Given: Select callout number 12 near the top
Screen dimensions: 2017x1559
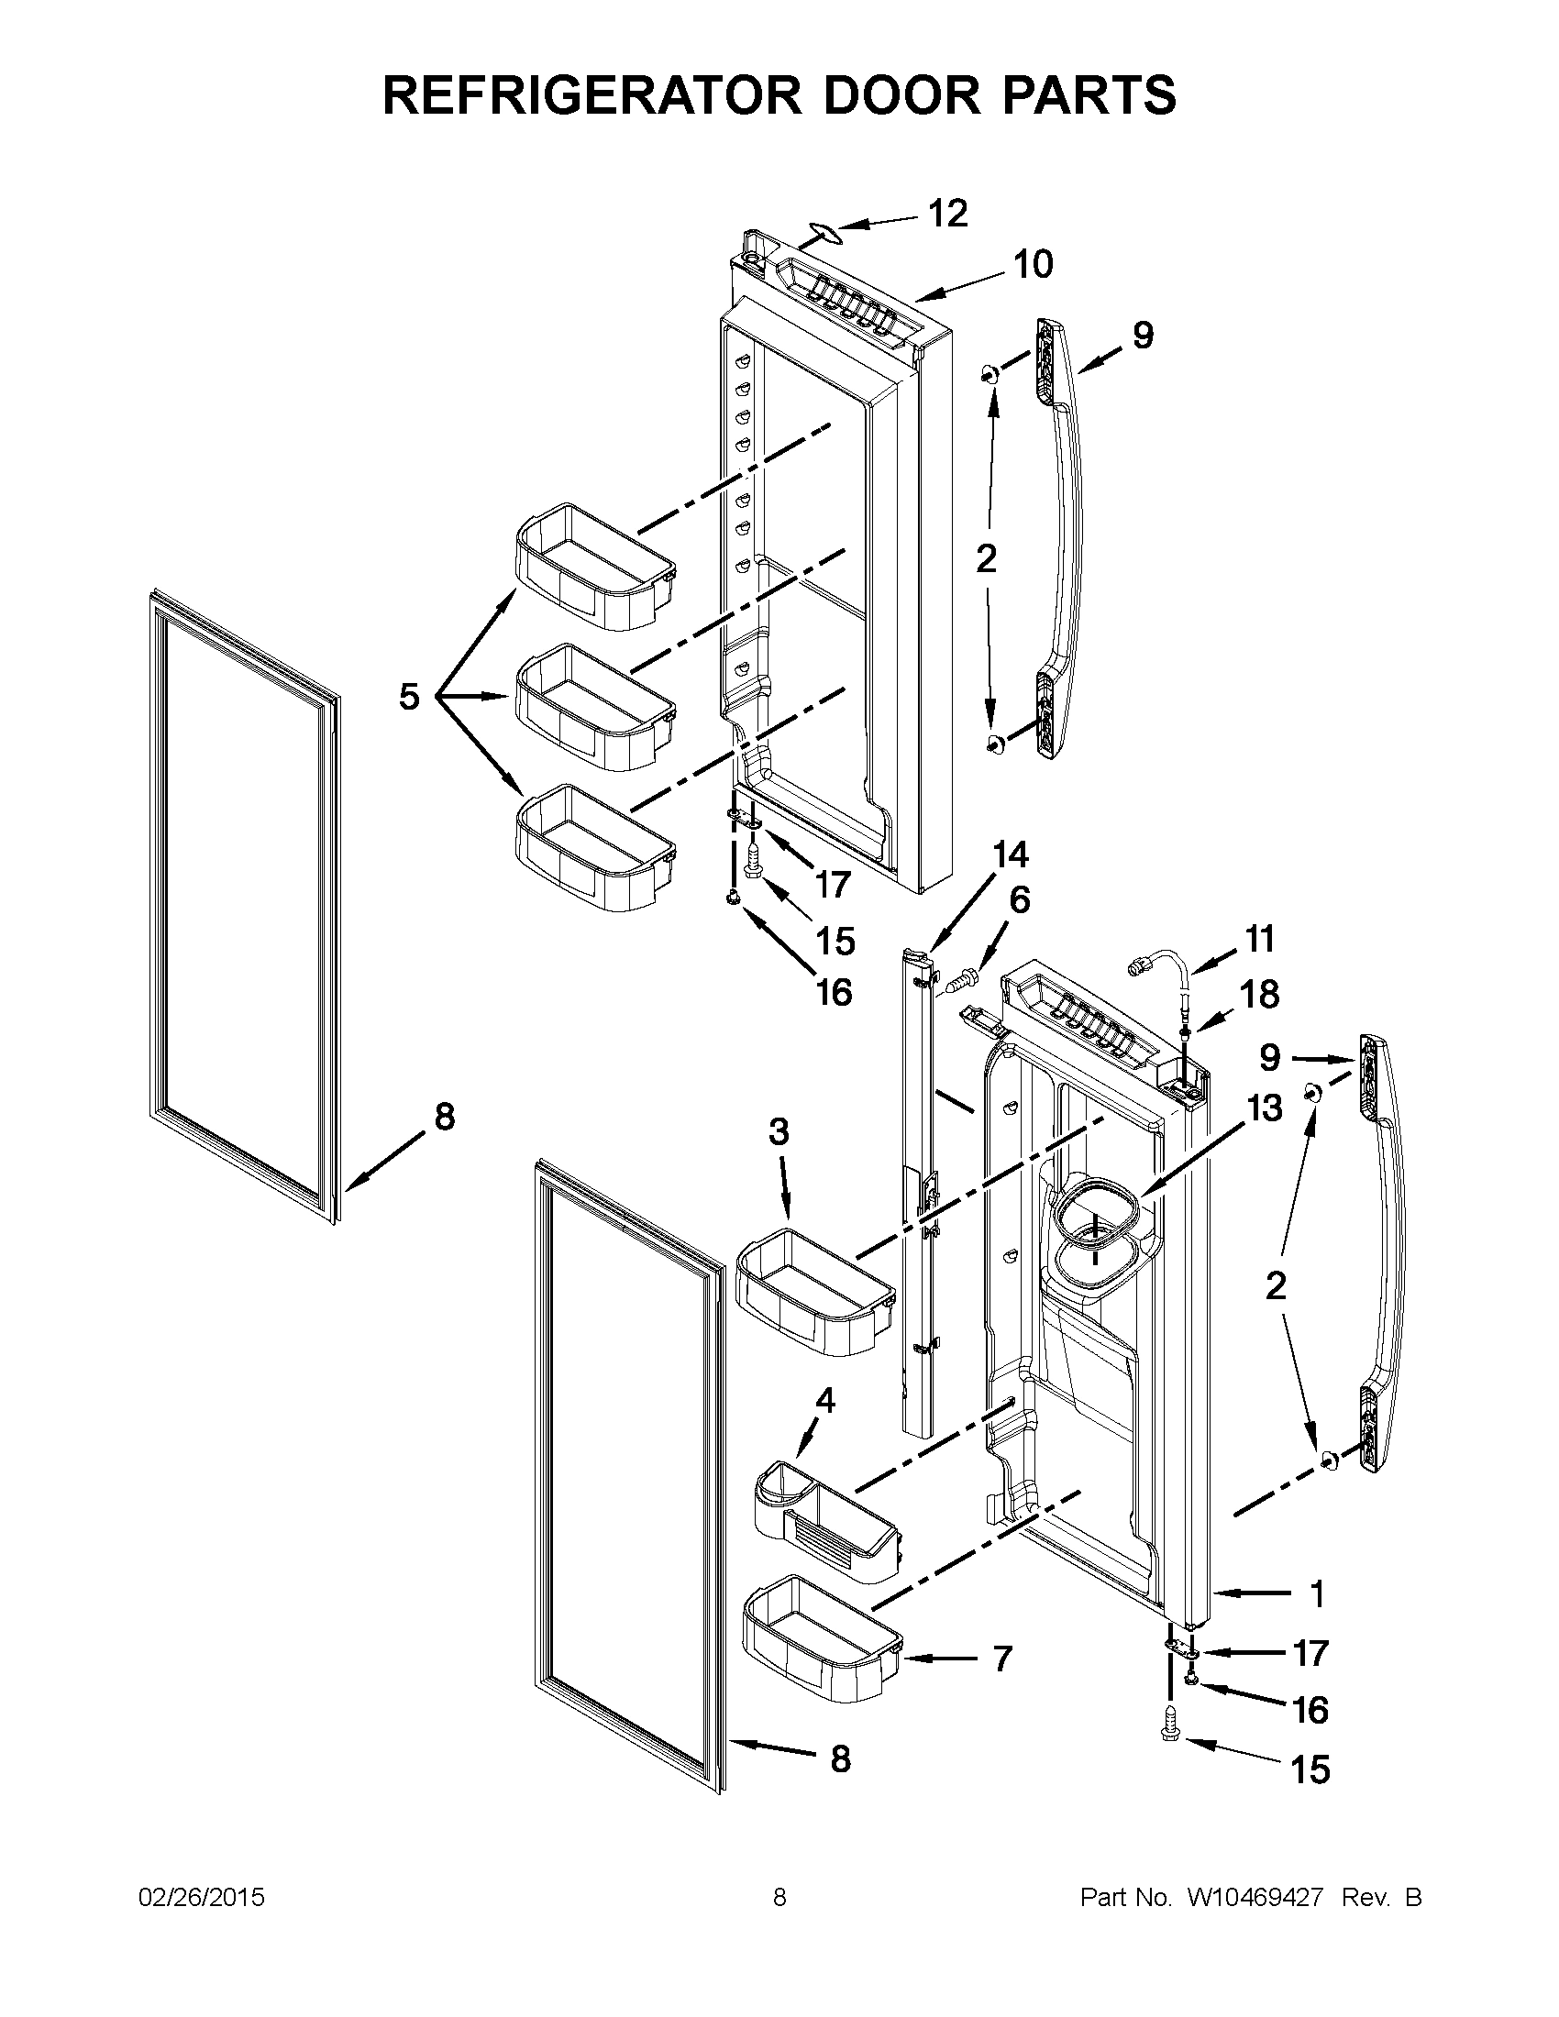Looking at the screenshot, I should coord(947,214).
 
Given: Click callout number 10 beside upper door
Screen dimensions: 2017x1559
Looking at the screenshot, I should coord(1033,265).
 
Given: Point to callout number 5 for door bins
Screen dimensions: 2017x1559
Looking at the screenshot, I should coord(409,697).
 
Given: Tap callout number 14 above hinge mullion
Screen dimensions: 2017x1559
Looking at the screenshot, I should coord(1011,855).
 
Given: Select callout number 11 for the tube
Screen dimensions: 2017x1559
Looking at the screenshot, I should coord(1260,939).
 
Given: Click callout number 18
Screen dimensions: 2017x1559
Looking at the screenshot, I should coord(1260,995).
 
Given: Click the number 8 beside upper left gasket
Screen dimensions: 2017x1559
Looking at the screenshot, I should coord(444,1118).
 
